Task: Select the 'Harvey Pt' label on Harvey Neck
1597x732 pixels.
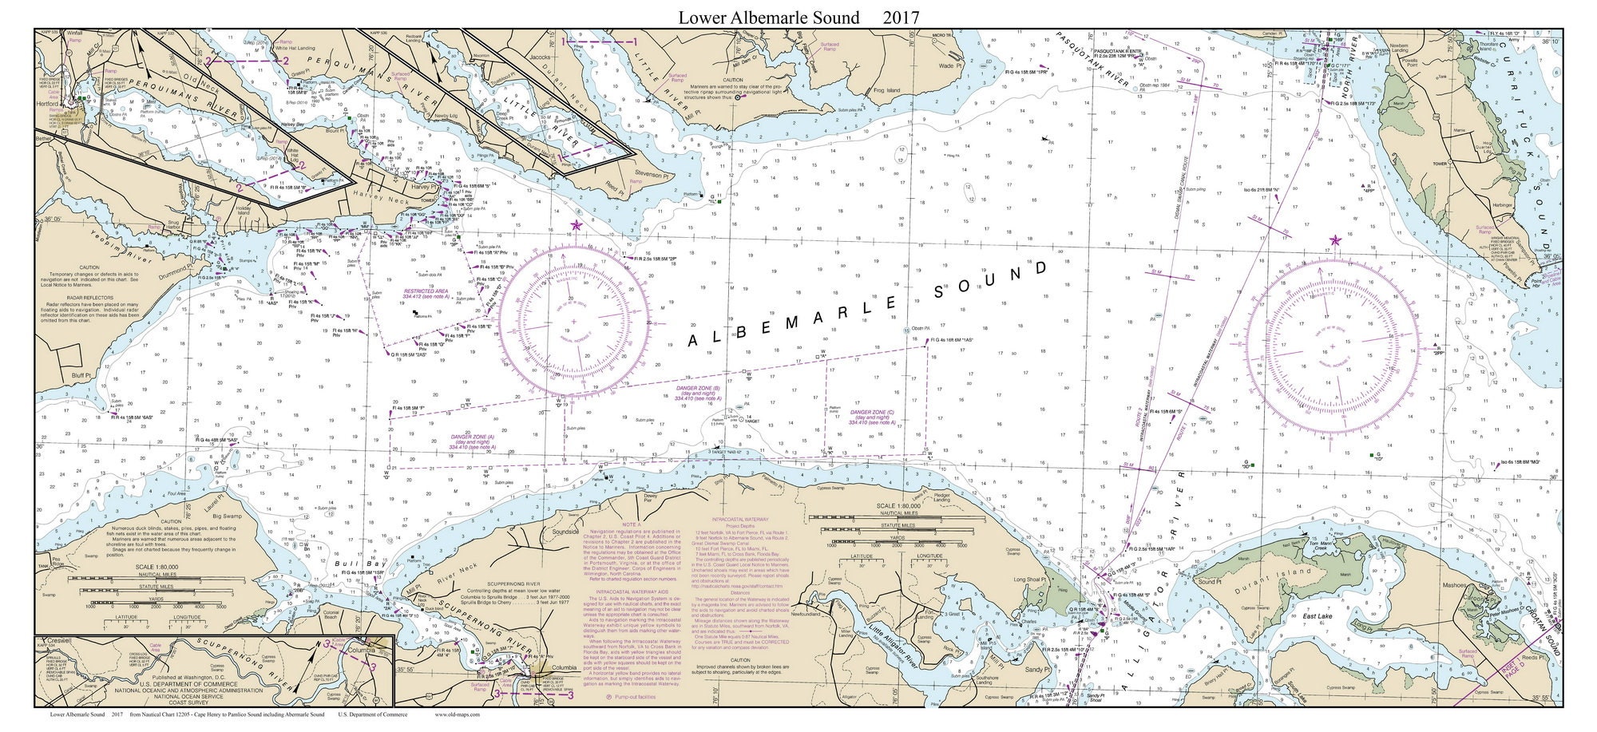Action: click(418, 187)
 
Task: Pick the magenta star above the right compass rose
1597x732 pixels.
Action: click(1335, 240)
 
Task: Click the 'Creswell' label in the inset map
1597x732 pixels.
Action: click(59, 641)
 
